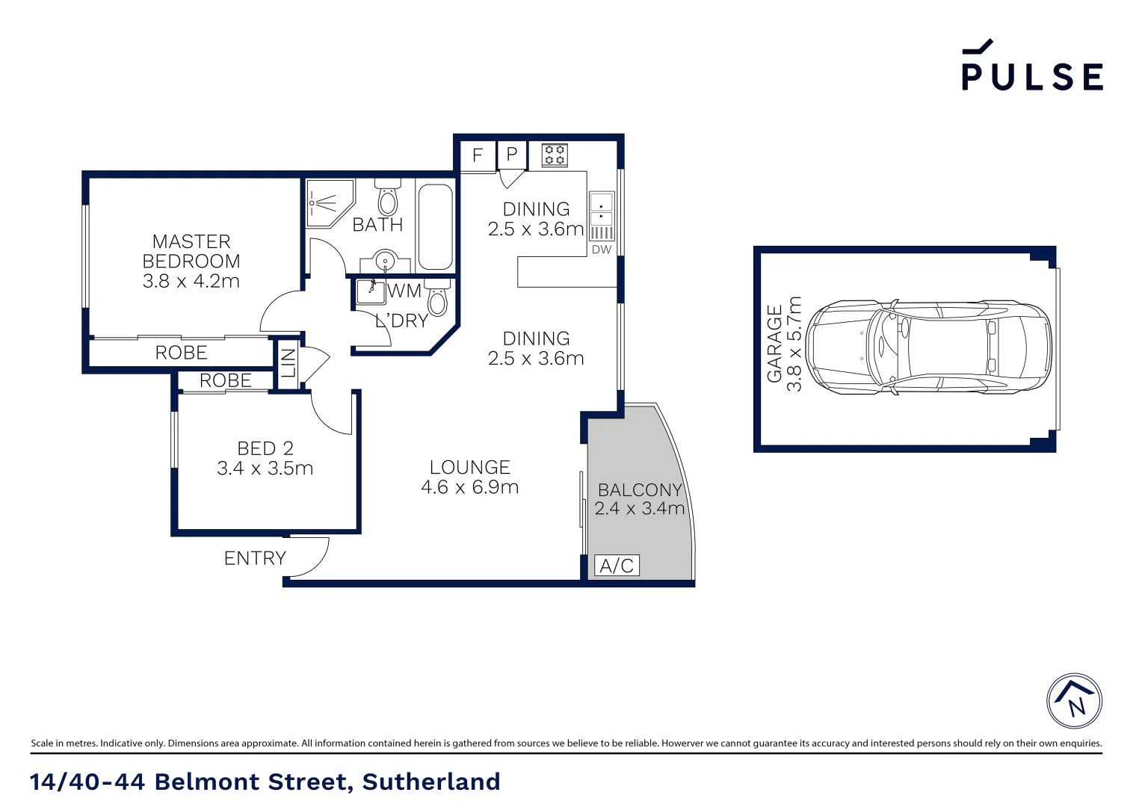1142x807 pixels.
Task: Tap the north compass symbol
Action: coord(1074,701)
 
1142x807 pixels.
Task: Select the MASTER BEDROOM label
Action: coord(191,261)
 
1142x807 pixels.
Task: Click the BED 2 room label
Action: coord(265,458)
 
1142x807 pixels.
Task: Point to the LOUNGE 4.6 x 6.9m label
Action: coord(469,477)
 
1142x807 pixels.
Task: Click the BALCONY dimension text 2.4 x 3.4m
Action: coord(639,509)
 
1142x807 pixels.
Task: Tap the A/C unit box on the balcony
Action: coord(617,566)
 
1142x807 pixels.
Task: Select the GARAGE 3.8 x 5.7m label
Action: coord(784,344)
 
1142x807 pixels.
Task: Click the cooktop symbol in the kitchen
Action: coord(555,155)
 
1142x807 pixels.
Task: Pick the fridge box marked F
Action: coord(478,155)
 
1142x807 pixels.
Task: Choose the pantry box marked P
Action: coord(512,155)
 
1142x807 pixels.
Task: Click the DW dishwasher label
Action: coord(602,250)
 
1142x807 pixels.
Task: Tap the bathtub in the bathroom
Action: coord(435,227)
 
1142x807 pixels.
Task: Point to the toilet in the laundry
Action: coord(438,298)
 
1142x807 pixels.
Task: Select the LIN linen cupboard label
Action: coord(288,364)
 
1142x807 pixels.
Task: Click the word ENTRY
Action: coord(255,558)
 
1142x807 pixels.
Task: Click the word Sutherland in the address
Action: coord(431,782)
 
